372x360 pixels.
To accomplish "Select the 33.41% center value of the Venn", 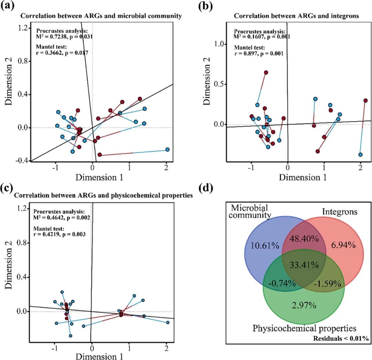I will pos(303,265).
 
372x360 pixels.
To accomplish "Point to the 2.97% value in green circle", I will pos(303,305).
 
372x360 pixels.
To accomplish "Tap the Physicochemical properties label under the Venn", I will pos(304,328).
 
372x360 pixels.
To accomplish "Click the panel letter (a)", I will pos(7,7).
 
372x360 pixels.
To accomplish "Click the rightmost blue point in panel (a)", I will pos(167,149).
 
